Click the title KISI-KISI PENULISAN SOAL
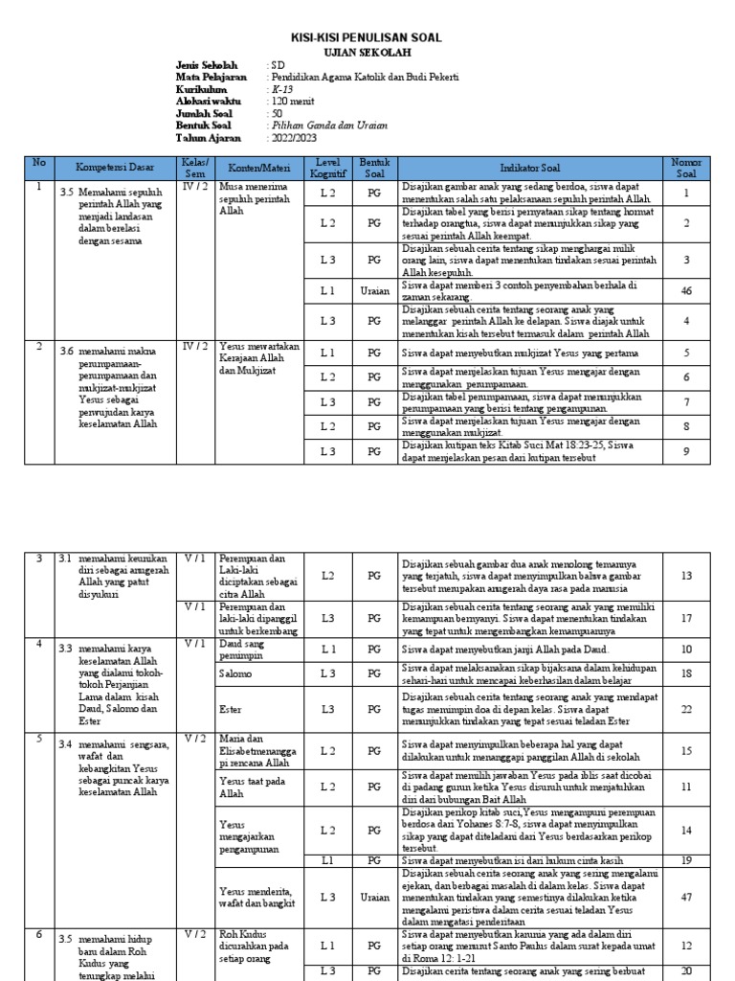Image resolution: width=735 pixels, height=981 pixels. (367, 37)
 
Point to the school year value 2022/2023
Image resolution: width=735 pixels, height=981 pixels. (293, 138)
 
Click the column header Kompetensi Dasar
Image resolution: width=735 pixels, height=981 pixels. (115, 168)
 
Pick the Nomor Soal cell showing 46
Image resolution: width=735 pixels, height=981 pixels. (686, 290)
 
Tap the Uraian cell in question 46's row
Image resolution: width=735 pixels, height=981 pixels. (373, 290)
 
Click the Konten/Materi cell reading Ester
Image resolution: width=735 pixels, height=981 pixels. (231, 709)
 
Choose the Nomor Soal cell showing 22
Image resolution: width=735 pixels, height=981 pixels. (686, 709)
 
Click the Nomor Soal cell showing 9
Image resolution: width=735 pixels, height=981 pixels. (686, 450)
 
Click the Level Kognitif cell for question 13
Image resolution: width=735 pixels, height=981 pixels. (328, 576)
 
